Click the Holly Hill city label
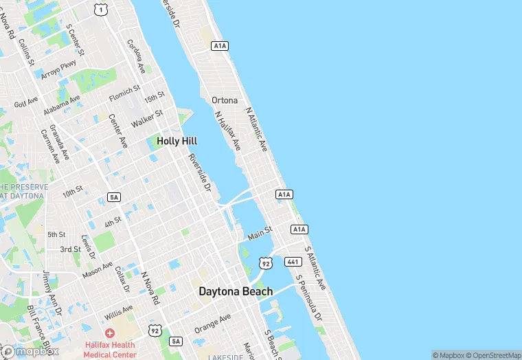tap(177, 140)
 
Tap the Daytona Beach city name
tap(236, 291)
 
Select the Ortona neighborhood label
tap(225, 100)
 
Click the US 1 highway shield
tap(102, 9)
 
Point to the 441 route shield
tap(294, 262)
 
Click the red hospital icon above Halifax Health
tap(110, 333)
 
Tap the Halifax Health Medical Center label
tap(110, 350)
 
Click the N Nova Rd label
tap(150, 289)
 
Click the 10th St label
tap(73, 190)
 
